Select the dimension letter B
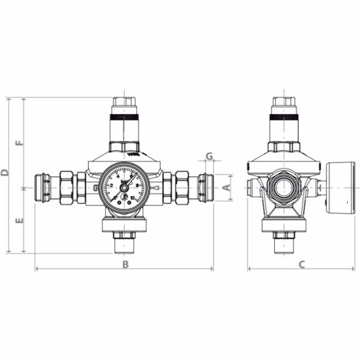pyautogui.click(x=126, y=263)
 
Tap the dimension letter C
pyautogui.click(x=302, y=263)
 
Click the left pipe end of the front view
pyautogui.click(x=44, y=186)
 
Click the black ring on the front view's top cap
pyautogui.click(x=125, y=120)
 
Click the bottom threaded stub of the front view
pyautogui.click(x=125, y=245)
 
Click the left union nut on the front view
pyautogui.click(x=67, y=186)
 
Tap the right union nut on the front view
pyautogui.click(x=183, y=186)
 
